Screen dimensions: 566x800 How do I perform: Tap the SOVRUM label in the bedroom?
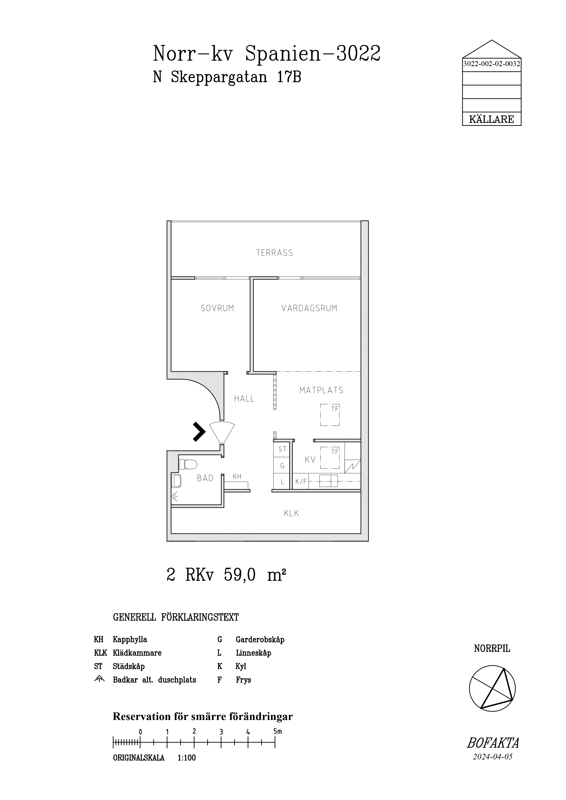click(217, 308)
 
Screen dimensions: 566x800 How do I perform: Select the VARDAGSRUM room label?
click(309, 308)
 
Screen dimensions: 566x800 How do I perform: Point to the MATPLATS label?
click(321, 390)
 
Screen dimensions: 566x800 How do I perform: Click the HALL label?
click(244, 399)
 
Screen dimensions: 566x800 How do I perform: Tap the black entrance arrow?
click(199, 432)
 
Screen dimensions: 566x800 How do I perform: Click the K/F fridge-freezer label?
click(301, 482)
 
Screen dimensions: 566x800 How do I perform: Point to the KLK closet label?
click(291, 513)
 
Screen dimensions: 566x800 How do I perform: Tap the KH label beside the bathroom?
click(237, 476)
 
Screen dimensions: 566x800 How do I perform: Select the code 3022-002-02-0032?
click(492, 64)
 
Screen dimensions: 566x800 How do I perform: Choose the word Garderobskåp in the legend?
click(260, 640)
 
